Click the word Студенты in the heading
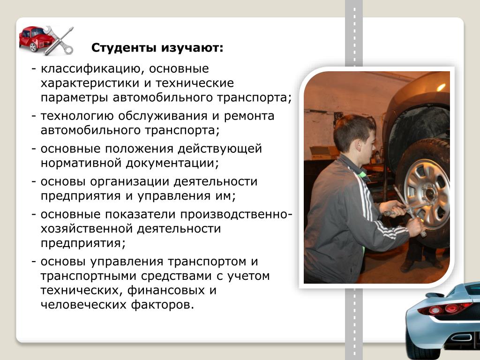click(x=124, y=48)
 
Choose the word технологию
click(x=77, y=116)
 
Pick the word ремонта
click(x=249, y=117)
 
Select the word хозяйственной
click(x=86, y=229)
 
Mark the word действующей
click(x=220, y=149)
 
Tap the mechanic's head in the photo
click(x=355, y=137)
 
